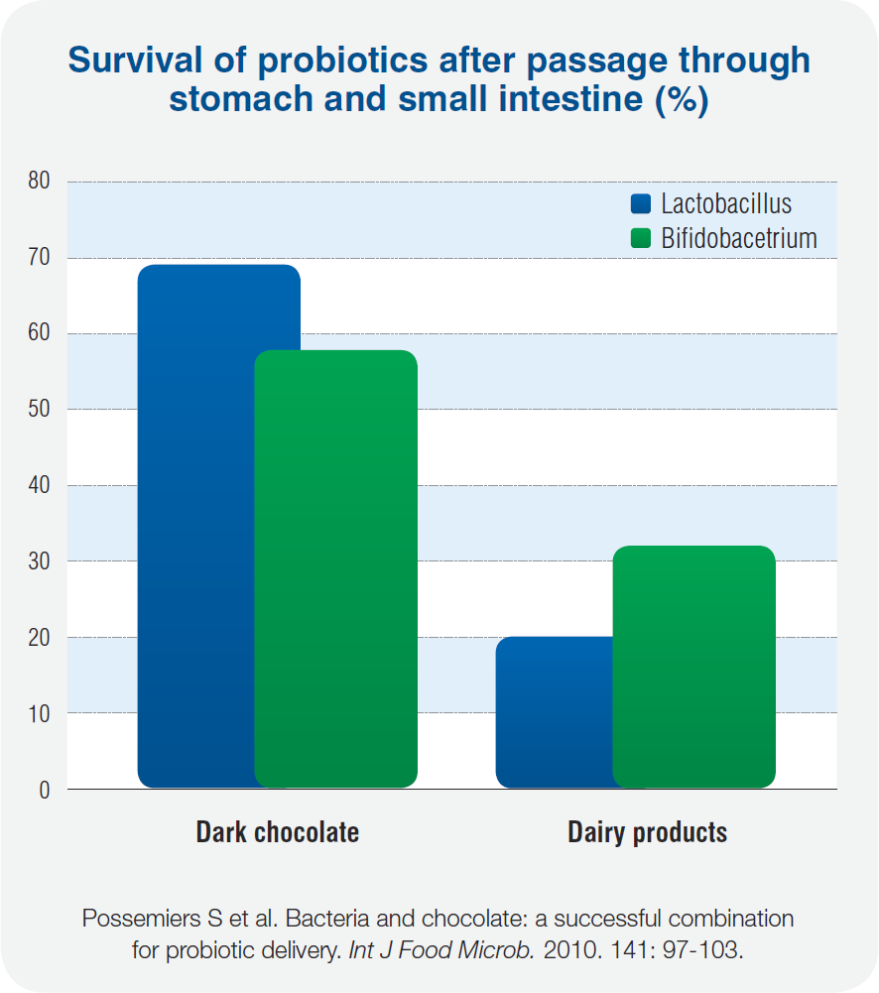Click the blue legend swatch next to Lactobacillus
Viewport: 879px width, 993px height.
click(641, 204)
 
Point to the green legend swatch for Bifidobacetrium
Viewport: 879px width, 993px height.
click(641, 238)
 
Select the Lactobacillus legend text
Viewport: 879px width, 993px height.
click(726, 204)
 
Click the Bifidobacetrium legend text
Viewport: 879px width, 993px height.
click(739, 238)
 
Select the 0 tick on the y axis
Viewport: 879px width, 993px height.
click(45, 790)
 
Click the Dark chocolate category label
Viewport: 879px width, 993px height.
click(277, 831)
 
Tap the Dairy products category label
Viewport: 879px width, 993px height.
click(647, 831)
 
